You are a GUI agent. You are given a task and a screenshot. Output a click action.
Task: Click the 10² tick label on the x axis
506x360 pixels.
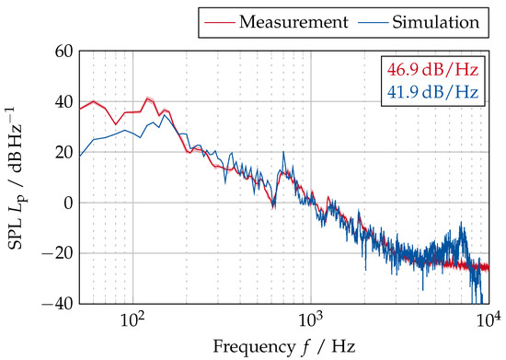(133, 319)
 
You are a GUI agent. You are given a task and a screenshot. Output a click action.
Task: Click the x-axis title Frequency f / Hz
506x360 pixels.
(283, 347)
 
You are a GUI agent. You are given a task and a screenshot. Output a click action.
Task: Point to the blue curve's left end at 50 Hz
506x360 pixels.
(80, 156)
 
